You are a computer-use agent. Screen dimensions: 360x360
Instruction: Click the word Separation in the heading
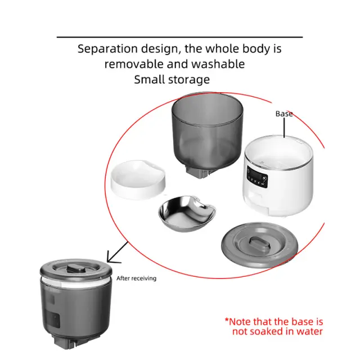107,49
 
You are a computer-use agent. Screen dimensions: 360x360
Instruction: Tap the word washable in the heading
218,64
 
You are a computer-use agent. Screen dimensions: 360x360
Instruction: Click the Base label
284,114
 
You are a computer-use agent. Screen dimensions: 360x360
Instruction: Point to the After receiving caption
136,278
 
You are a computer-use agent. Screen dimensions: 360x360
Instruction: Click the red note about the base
274,326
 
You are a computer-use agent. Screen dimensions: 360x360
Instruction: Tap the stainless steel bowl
187,213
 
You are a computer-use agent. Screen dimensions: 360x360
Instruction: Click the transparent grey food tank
207,133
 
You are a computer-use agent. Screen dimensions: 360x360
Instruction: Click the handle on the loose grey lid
259,244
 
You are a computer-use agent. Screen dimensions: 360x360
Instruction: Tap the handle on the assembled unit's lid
75,269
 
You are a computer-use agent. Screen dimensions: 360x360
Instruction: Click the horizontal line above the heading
180,37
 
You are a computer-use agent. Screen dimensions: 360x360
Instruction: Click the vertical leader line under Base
284,128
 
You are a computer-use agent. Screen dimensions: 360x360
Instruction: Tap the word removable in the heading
134,64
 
